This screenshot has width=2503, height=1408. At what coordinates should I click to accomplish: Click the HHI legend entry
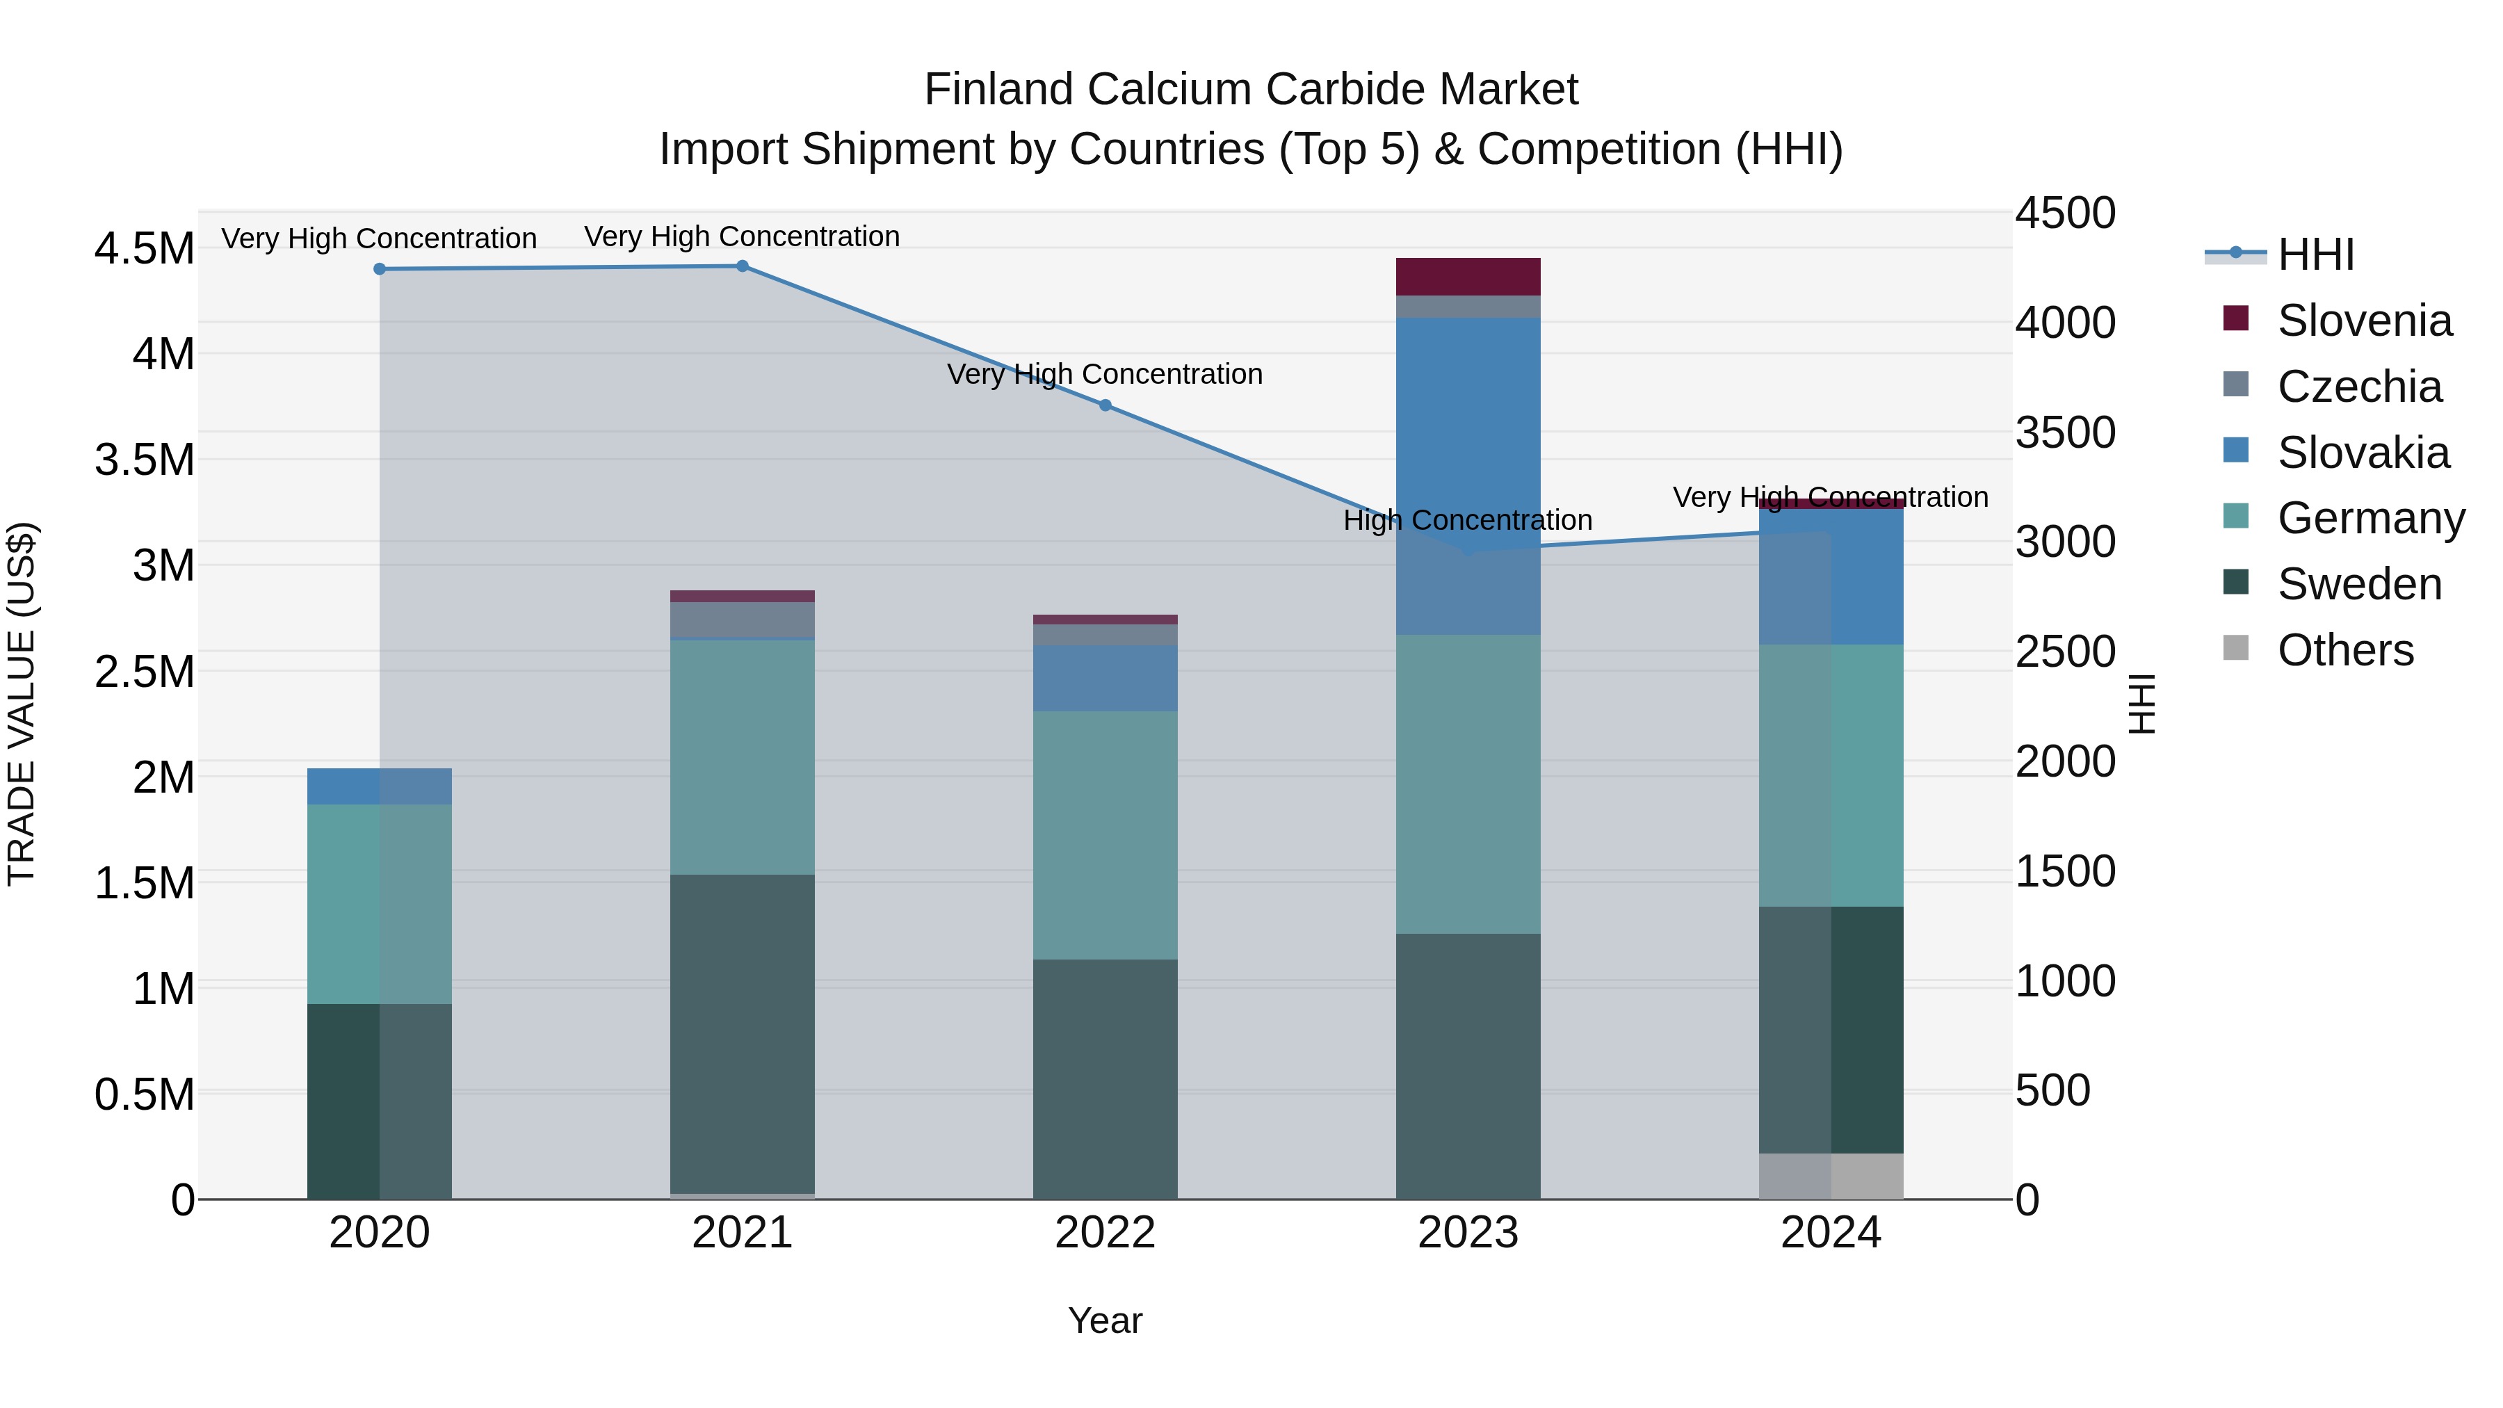[x=2315, y=254]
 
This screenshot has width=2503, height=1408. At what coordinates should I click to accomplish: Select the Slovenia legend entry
[x=2363, y=321]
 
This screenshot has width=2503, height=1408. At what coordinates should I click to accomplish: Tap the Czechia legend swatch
[x=2236, y=384]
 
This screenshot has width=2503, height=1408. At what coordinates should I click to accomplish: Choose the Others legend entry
[x=2344, y=650]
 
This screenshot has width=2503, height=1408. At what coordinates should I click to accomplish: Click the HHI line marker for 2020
[x=380, y=269]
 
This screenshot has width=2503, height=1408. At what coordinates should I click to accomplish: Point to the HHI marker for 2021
[x=743, y=266]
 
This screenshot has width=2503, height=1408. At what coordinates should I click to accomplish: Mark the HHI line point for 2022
[x=1105, y=405]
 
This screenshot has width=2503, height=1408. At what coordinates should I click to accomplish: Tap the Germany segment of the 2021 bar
[x=743, y=757]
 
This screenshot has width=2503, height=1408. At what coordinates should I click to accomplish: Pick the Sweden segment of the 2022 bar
[x=1105, y=1078]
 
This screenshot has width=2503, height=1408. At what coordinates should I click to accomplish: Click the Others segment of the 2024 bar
[x=1831, y=1176]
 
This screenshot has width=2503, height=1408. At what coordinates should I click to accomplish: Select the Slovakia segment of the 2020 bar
[x=380, y=786]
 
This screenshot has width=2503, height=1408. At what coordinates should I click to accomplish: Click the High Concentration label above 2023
[x=1467, y=521]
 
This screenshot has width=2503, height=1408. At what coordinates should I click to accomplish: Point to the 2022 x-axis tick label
[x=1105, y=1233]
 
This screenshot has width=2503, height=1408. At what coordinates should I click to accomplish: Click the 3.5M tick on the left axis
[x=144, y=460]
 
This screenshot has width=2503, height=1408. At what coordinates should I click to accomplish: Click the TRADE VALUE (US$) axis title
[x=22, y=704]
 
